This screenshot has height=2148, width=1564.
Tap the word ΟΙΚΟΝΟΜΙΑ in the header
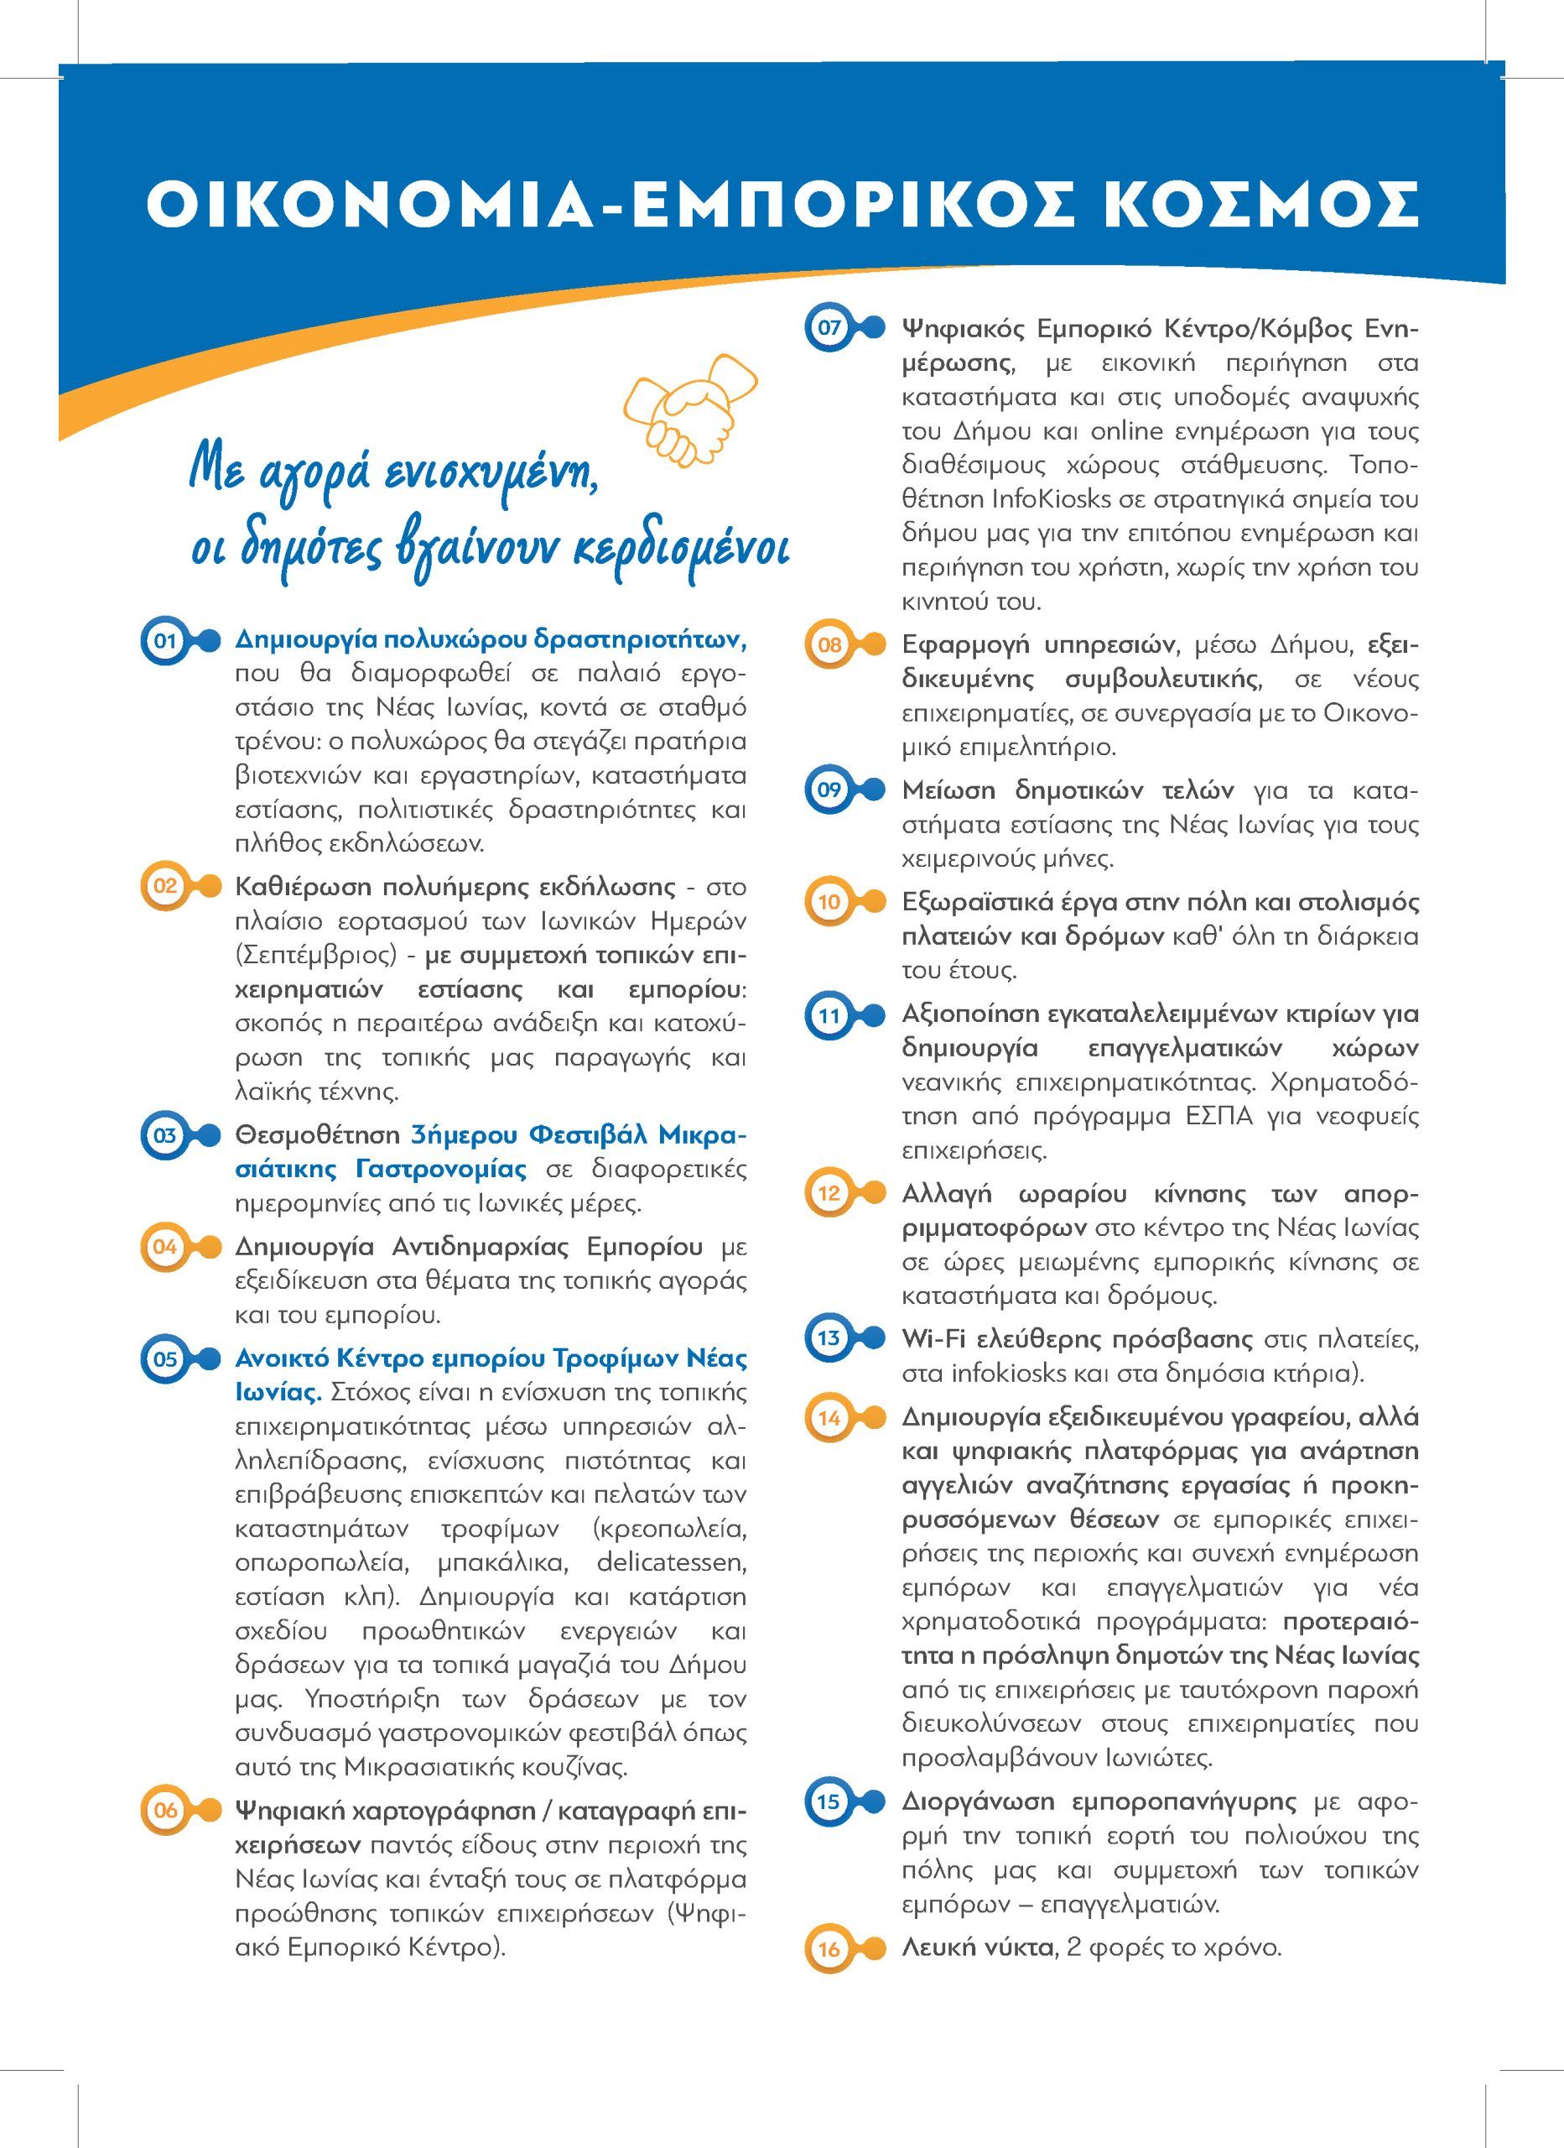[x=369, y=203]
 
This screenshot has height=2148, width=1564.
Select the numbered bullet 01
[x=166, y=641]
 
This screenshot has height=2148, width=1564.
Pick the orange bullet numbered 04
[x=166, y=1246]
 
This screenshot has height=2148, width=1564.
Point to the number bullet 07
[x=829, y=329]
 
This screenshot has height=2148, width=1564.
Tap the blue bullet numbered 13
[x=829, y=1338]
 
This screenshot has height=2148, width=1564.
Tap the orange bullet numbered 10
[x=829, y=903]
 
